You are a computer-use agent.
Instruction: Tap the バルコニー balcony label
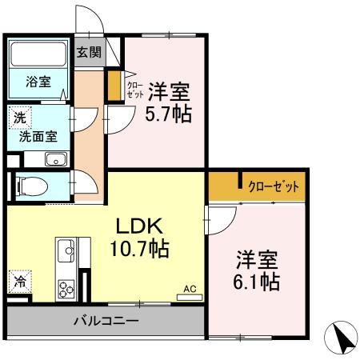tap(106, 321)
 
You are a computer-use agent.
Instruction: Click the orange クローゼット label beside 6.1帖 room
tap(273, 186)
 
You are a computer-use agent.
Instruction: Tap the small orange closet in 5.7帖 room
tap(115, 86)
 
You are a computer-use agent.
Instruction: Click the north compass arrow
tap(343, 337)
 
